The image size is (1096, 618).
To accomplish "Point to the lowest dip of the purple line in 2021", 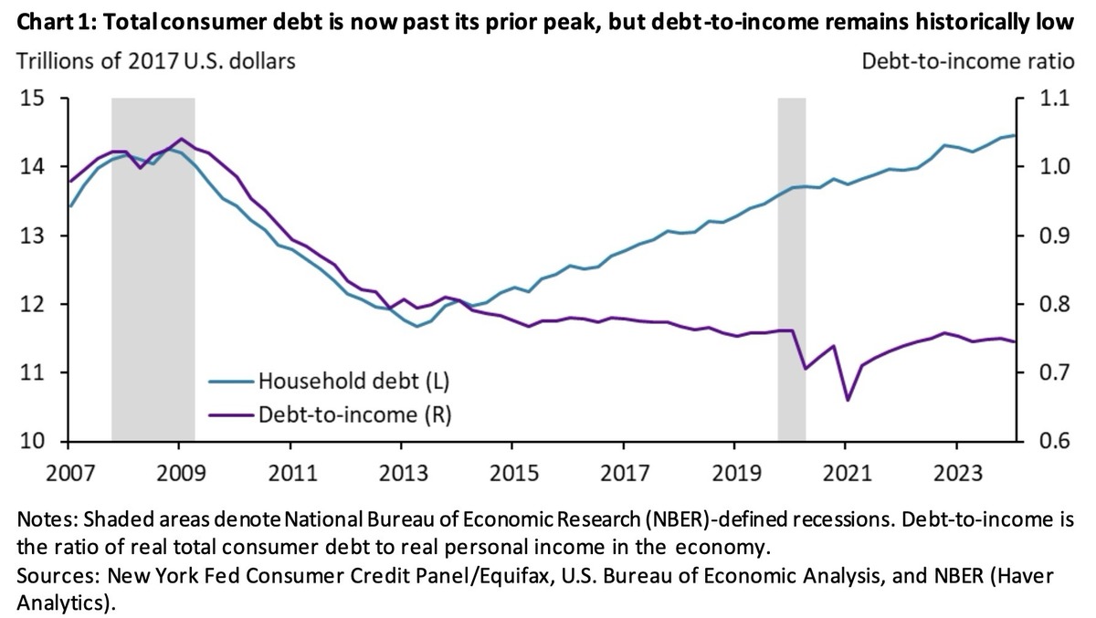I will click(x=847, y=400).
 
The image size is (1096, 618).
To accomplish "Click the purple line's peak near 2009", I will click(x=181, y=139).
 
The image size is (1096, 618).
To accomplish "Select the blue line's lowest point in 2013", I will click(x=417, y=326).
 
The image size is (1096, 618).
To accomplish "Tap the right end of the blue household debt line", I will click(x=1015, y=135).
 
